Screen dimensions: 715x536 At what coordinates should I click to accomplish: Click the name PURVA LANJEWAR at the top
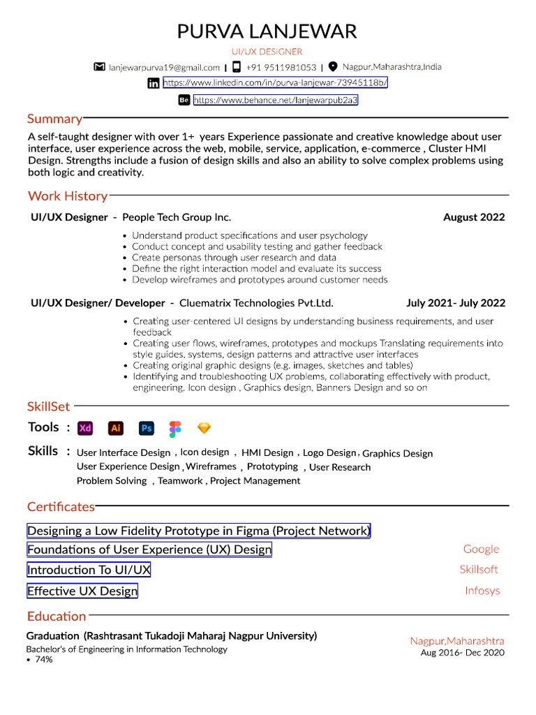pos(267,31)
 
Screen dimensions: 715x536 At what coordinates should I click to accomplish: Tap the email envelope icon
pos(99,67)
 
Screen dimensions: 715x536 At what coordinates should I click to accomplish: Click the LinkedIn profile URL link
pos(275,83)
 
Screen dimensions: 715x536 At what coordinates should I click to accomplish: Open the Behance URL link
pos(275,101)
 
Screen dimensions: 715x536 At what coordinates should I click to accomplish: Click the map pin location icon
pos(332,67)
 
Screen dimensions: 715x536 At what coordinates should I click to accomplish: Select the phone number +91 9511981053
pos(280,68)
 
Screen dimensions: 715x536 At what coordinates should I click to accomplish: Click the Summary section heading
pos(54,119)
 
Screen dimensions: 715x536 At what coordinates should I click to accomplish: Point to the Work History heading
pos(68,196)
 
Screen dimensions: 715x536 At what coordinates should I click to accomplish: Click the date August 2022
pos(474,217)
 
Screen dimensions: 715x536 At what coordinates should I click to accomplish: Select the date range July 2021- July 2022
pos(456,303)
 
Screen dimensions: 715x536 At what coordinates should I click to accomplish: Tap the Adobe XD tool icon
pos(85,428)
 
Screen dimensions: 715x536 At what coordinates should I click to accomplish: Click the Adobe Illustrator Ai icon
pos(116,428)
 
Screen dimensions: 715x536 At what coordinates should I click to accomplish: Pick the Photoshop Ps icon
pos(146,428)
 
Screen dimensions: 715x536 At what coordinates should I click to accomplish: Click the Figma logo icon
pos(175,428)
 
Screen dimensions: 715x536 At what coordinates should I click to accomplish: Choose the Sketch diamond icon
pos(204,428)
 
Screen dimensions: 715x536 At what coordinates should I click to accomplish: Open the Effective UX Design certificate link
pos(82,591)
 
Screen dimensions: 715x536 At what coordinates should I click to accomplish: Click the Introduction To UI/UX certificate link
pos(89,570)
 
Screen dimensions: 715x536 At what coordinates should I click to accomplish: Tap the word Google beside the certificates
pos(481,549)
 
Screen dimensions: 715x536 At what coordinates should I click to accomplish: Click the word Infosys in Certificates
pos(482,591)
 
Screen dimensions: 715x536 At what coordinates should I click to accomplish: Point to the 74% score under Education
pos(43,659)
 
